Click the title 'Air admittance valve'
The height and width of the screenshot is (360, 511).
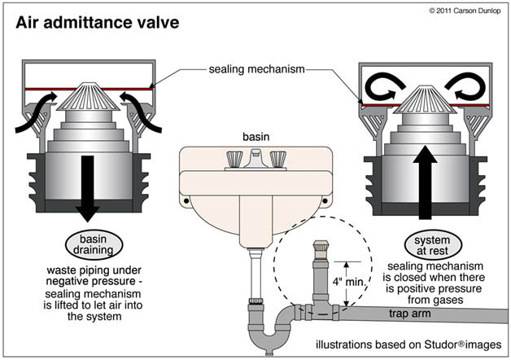(98, 23)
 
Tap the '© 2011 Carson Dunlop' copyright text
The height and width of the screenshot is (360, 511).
(465, 11)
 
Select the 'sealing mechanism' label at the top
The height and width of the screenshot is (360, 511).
(257, 69)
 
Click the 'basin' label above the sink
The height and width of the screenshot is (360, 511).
(255, 137)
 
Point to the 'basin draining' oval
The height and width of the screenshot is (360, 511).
(94, 244)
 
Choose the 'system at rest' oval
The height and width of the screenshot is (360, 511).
(433, 245)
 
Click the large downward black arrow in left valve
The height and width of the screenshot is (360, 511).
(87, 188)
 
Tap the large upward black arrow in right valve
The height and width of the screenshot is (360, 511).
(424, 182)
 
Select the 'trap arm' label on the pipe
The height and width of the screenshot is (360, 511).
(409, 314)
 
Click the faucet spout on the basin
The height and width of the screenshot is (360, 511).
(255, 158)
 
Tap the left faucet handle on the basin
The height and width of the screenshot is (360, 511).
(234, 159)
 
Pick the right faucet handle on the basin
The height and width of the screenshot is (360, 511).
(278, 159)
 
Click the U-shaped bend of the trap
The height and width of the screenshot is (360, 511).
(269, 336)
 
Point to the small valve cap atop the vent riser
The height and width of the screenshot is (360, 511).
(321, 250)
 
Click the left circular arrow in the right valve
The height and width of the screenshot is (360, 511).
(385, 86)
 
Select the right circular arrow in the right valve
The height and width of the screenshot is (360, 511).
(465, 86)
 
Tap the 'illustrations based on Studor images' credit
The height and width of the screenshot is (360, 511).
(408, 345)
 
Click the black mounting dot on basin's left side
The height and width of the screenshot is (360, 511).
(186, 201)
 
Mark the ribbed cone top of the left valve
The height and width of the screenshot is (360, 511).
(89, 97)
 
